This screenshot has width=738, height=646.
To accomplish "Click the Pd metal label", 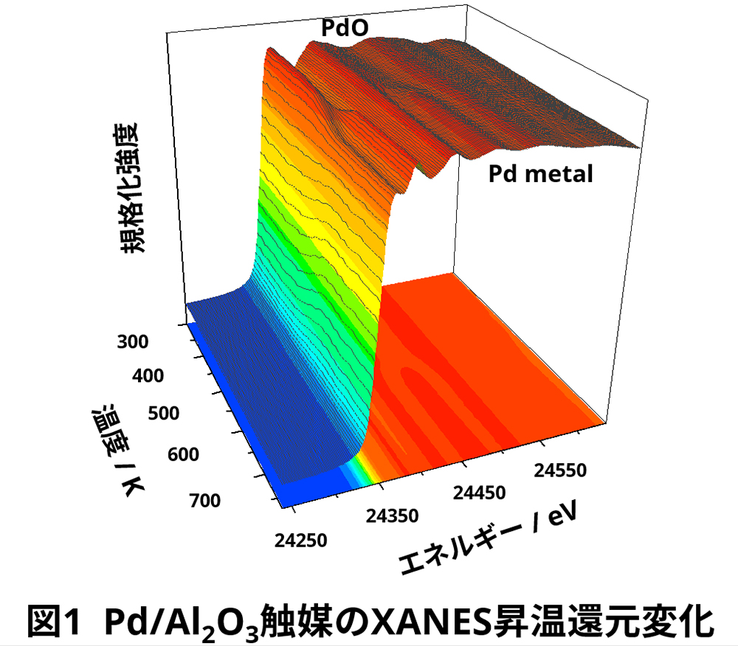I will tap(541, 175).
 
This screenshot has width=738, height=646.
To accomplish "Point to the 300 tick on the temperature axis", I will tap(134, 342).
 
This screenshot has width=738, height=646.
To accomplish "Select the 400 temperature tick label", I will tap(151, 377).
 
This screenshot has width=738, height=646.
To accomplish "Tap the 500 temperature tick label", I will tap(166, 413).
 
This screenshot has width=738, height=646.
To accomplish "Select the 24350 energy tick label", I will tap(394, 515).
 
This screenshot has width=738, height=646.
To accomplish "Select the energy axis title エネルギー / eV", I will tap(487, 541).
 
